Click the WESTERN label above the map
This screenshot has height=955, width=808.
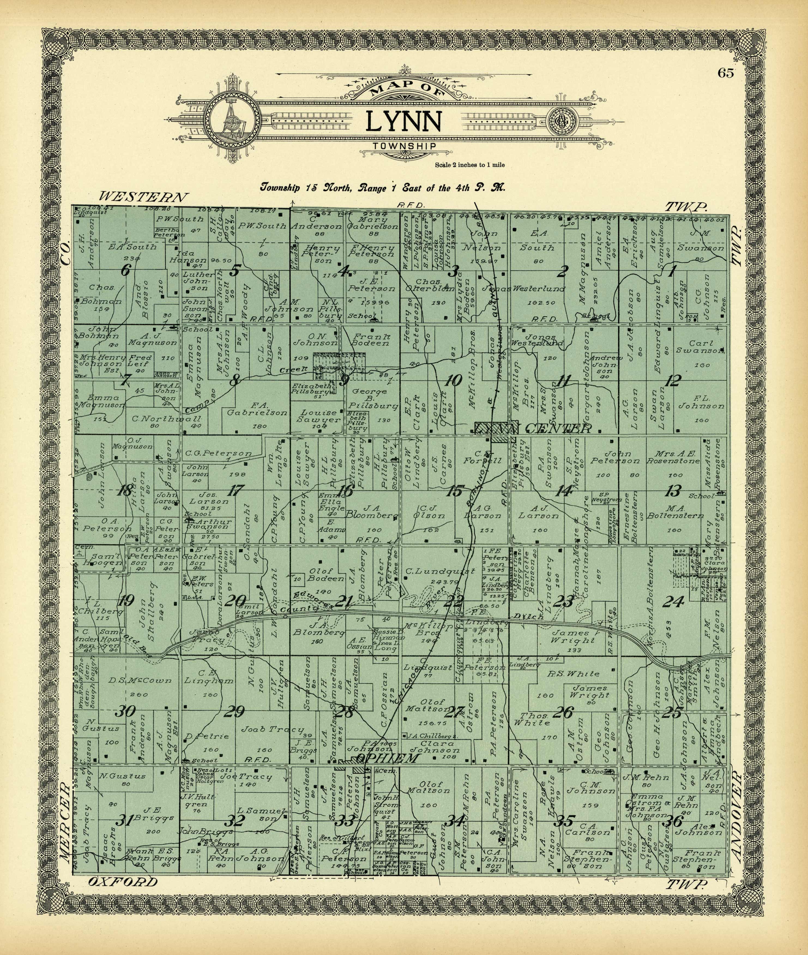pyautogui.click(x=143, y=197)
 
